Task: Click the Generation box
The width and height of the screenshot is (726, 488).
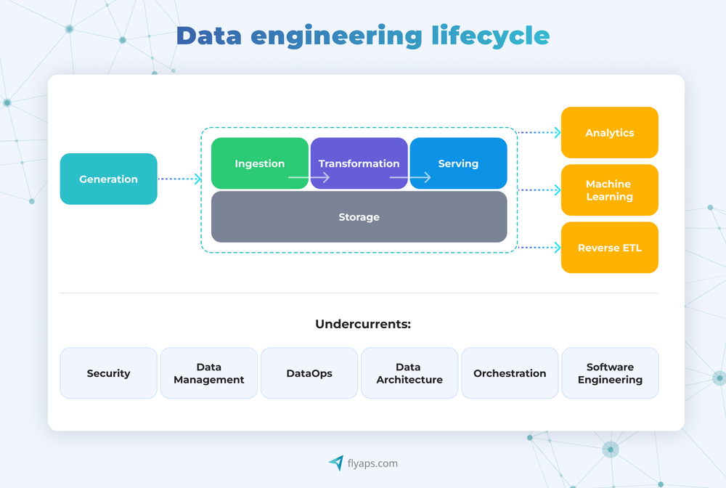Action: pyautogui.click(x=108, y=179)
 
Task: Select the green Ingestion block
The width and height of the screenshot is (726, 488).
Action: pyautogui.click(x=259, y=163)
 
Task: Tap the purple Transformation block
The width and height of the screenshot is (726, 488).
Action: pyautogui.click(x=359, y=163)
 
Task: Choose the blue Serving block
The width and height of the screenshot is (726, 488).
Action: pyautogui.click(x=458, y=163)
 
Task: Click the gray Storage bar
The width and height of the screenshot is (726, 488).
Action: pyautogui.click(x=359, y=216)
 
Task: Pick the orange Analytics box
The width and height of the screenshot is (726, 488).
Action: pyautogui.click(x=609, y=132)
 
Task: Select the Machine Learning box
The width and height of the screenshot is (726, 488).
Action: pyautogui.click(x=609, y=190)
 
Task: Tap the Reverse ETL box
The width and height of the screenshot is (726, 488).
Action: pyautogui.click(x=609, y=248)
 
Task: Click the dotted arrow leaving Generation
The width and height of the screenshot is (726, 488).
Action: pyautogui.click(x=179, y=179)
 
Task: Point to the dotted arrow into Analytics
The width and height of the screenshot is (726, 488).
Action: pyautogui.click(x=539, y=132)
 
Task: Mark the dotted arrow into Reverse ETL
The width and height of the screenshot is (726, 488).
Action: pyautogui.click(x=539, y=248)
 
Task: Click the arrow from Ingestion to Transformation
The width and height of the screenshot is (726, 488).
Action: pyautogui.click(x=309, y=177)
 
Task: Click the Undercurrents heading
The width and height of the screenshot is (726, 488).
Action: pyautogui.click(x=363, y=324)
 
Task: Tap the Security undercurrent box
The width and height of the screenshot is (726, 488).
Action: pyautogui.click(x=108, y=373)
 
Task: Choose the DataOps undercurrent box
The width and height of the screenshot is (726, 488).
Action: pyautogui.click(x=309, y=373)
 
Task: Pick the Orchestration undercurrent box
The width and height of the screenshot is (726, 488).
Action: pyautogui.click(x=510, y=373)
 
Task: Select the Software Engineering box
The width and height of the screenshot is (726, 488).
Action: pyautogui.click(x=610, y=373)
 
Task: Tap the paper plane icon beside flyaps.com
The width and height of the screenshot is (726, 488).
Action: pyautogui.click(x=335, y=463)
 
